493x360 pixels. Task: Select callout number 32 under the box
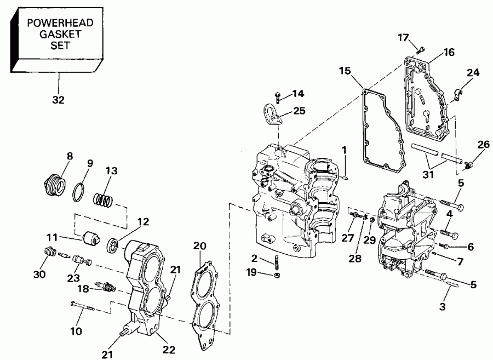[59, 100]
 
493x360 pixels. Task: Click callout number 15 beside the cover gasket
[344, 71]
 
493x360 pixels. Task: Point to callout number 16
[449, 53]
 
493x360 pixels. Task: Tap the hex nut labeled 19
[277, 273]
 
